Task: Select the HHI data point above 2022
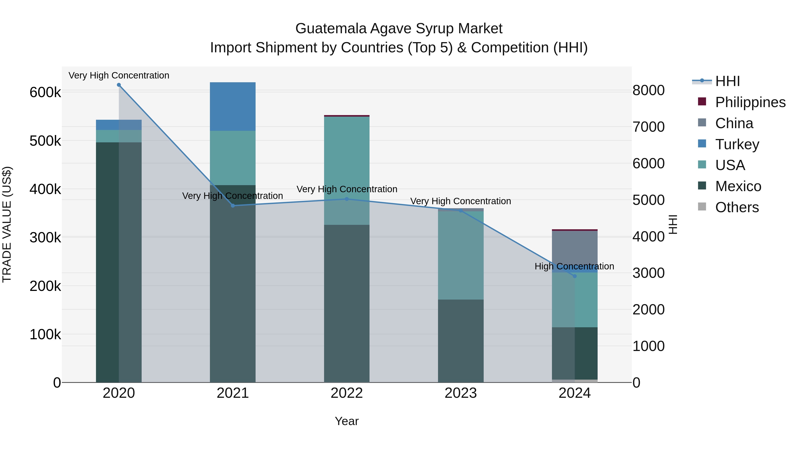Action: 347,199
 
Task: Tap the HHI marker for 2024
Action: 575,276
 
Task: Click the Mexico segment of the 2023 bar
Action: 461,341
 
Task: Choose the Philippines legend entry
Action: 750,102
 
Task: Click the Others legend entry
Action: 737,207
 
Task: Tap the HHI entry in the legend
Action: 727,81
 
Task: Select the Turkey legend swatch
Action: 702,144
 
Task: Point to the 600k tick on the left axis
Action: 45,92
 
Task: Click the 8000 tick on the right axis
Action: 648,90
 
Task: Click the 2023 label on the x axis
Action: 461,393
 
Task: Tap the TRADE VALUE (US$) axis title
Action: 7,224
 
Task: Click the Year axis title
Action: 347,421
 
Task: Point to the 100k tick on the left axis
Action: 45,335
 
